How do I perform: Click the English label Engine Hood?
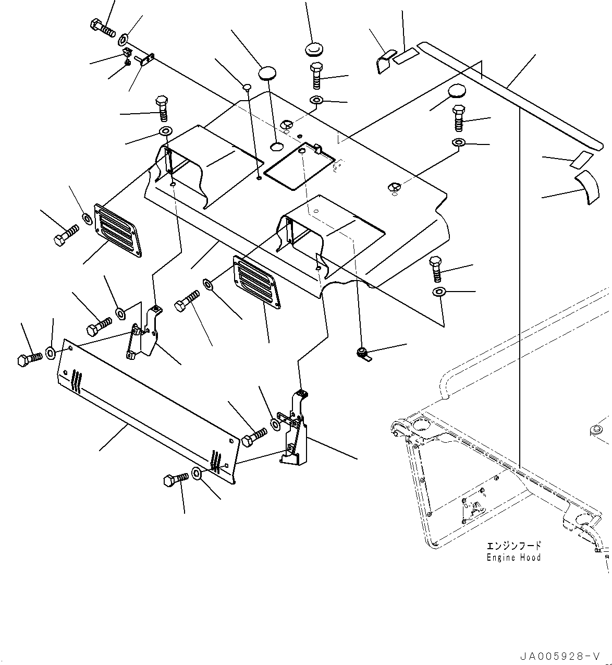[513, 558]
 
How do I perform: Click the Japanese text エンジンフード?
[513, 546]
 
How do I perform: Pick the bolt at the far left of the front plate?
[29, 359]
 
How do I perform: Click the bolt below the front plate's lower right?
[176, 480]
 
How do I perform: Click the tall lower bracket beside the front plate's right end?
[293, 429]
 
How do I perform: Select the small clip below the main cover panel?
[363, 355]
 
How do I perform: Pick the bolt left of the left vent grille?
[66, 235]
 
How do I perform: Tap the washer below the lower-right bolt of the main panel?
[439, 292]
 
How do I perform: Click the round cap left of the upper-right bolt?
[456, 91]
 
